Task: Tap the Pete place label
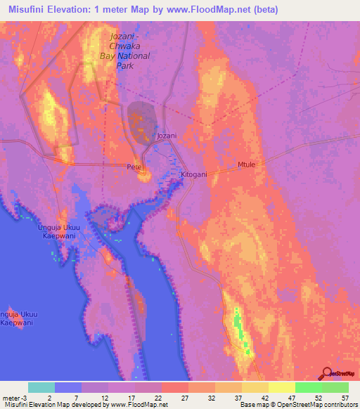click(x=134, y=167)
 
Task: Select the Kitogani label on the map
click(x=193, y=174)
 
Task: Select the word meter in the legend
click(x=10, y=398)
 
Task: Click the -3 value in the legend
click(x=24, y=398)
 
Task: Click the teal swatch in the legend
click(x=41, y=387)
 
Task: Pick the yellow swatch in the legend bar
click(x=282, y=387)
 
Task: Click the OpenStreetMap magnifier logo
click(x=327, y=373)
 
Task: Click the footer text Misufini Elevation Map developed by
click(x=56, y=405)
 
